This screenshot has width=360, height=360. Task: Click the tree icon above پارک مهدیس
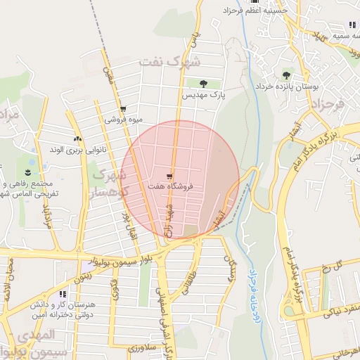[x=205, y=84]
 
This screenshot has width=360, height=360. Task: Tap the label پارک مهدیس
[x=203, y=94]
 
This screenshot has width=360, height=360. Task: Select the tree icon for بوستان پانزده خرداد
[x=286, y=75]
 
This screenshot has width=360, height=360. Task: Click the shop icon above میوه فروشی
[x=123, y=109]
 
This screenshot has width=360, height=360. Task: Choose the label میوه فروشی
[x=124, y=120]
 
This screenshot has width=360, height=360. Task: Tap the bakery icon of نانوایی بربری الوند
[x=77, y=139]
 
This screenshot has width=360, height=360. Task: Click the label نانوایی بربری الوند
[x=78, y=149]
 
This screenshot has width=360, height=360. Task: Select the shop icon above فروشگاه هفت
[x=169, y=176]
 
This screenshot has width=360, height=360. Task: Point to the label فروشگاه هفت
[x=170, y=186]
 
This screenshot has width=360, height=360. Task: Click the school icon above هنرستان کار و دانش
[x=63, y=294]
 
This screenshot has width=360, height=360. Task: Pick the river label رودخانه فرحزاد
[x=252, y=297]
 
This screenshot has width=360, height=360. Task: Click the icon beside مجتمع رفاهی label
[x=27, y=172]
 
